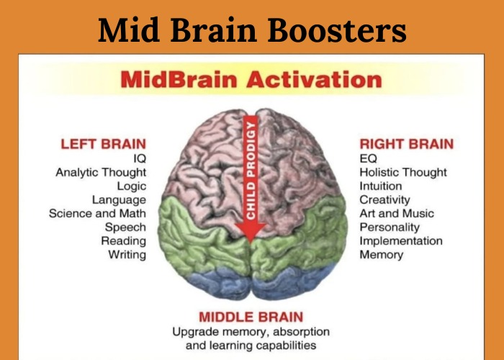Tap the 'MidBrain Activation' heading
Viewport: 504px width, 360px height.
pos(251,79)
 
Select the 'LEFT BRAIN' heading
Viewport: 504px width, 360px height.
pos(103,144)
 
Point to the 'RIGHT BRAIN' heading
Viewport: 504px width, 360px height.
pos(407,144)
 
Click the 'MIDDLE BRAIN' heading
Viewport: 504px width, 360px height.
pos(251,317)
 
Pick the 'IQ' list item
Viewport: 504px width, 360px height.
pos(139,158)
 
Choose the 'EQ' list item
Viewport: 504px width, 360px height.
pos(368,158)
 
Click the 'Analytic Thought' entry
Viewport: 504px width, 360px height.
pos(101,172)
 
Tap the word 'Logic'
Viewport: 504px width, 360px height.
pos(131,186)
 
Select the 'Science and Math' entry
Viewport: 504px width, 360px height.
pos(97,213)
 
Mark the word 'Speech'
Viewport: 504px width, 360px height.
pos(125,227)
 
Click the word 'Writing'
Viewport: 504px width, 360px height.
pos(127,255)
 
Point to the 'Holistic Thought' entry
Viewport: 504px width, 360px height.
pos(403,172)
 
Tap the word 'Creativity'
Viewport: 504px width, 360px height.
pos(384,199)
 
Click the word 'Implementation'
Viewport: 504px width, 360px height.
pos(401,240)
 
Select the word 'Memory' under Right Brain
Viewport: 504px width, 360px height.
pos(382,255)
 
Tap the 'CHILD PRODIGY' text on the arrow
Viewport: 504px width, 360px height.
pos(251,169)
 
